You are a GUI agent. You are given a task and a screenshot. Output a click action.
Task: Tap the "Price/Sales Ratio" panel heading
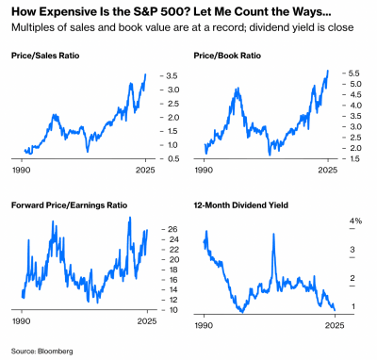pyautogui.click(x=43, y=57)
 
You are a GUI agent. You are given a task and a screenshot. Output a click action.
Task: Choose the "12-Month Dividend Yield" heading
pyautogui.click(x=239, y=205)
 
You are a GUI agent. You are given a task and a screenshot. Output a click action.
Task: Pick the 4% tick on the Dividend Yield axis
pyautogui.click(x=355, y=221)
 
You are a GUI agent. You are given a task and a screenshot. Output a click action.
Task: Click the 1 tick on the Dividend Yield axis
pyautogui.click(x=352, y=307)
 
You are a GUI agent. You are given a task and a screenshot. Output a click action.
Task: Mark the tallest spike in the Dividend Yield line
pyautogui.click(x=272, y=234)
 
